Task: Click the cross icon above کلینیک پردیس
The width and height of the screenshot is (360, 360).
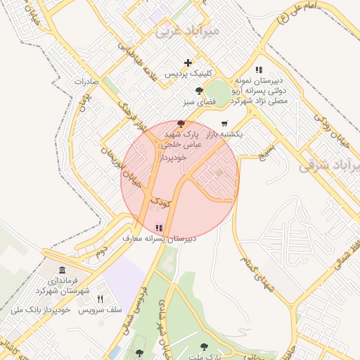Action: [188, 63]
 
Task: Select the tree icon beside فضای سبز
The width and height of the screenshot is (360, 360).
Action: [200, 91]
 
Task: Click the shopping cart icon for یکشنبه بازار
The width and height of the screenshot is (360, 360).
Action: [224, 123]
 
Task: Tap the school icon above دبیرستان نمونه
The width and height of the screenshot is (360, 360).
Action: [259, 70]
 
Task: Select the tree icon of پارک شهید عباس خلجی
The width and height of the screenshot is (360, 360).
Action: [182, 123]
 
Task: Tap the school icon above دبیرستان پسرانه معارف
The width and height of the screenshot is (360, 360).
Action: [159, 228]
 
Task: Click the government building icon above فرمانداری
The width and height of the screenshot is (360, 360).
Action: [63, 271]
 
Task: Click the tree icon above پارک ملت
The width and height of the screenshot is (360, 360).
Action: [204, 347]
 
